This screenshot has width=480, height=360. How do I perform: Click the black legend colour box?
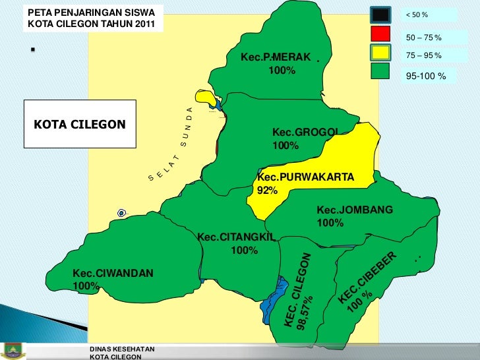pos(380,14)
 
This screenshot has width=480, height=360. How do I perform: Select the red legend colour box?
pos(380,34)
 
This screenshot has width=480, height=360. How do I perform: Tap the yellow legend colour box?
pos(380,52)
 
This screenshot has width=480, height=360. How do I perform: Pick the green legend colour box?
pos(380,71)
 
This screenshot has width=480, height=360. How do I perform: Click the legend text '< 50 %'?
pos(417,15)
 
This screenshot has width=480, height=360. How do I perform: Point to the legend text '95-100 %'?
pos(425,76)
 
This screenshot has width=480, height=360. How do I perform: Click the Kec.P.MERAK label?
pos(275,57)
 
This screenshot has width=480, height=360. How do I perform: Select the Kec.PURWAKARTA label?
pos(305,177)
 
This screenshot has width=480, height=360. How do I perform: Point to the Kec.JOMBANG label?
pos(355,210)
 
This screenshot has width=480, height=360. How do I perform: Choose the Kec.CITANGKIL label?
pos(235,237)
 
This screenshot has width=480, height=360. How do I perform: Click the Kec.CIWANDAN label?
pos(113,272)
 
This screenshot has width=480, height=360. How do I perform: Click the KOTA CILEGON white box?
pos(80,124)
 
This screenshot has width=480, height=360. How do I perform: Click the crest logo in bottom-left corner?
pos(13,350)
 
